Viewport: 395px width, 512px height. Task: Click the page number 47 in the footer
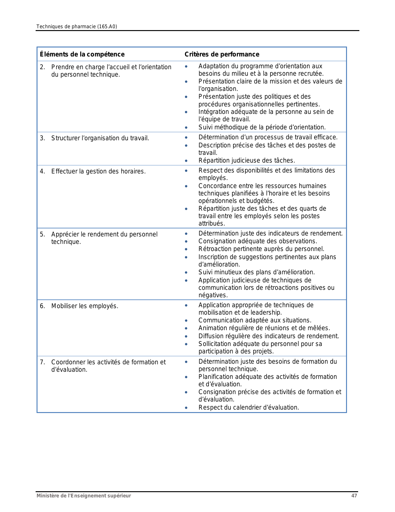(x=354, y=496)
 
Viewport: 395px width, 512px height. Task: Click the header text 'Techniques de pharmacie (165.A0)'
(x=77, y=27)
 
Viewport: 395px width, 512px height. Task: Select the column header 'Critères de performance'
(x=222, y=54)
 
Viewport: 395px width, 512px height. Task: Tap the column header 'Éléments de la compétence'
(x=82, y=54)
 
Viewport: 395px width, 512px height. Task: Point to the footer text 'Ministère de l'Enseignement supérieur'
(x=84, y=496)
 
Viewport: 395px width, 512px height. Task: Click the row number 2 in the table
(x=42, y=67)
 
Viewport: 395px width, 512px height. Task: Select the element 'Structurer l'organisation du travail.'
(x=100, y=138)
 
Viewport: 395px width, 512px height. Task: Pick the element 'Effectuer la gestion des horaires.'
(x=98, y=171)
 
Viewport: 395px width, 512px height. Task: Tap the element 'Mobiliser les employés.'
(x=85, y=306)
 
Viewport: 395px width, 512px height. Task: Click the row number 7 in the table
(x=42, y=362)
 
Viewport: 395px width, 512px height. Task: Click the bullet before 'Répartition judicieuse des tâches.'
(x=186, y=161)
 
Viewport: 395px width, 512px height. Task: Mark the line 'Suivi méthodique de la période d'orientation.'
(x=262, y=127)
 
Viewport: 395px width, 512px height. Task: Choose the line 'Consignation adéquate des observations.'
(x=258, y=241)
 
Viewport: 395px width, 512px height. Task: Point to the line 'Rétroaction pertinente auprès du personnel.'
(x=261, y=249)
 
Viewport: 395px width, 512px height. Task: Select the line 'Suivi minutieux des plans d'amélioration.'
(x=257, y=272)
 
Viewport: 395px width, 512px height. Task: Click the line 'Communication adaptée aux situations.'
(x=255, y=320)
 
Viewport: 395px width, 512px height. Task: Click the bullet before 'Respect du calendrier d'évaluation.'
(x=186, y=408)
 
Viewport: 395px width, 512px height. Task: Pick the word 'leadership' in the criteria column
(x=267, y=312)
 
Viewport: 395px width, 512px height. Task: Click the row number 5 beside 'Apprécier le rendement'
(x=42, y=234)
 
